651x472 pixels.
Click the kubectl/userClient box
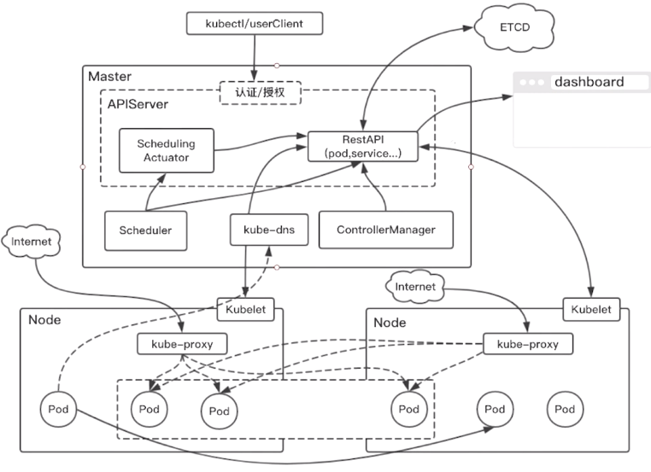255,23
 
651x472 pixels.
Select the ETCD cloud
514,27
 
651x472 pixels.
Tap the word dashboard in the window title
589,82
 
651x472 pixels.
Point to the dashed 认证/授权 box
261,92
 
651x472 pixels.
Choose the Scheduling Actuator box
167,150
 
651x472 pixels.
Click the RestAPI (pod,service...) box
363,147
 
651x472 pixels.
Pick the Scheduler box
146,230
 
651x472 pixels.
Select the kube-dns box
269,230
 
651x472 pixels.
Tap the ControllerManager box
386,230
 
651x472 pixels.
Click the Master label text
109,76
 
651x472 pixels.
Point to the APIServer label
138,103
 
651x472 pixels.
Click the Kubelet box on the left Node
246,310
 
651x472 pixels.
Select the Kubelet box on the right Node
591,310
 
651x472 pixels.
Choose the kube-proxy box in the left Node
182,344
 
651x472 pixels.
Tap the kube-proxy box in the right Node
528,344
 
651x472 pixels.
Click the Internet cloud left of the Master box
31,242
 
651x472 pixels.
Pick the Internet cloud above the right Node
414,287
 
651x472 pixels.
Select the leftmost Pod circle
58,410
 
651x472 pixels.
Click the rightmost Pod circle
565,410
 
